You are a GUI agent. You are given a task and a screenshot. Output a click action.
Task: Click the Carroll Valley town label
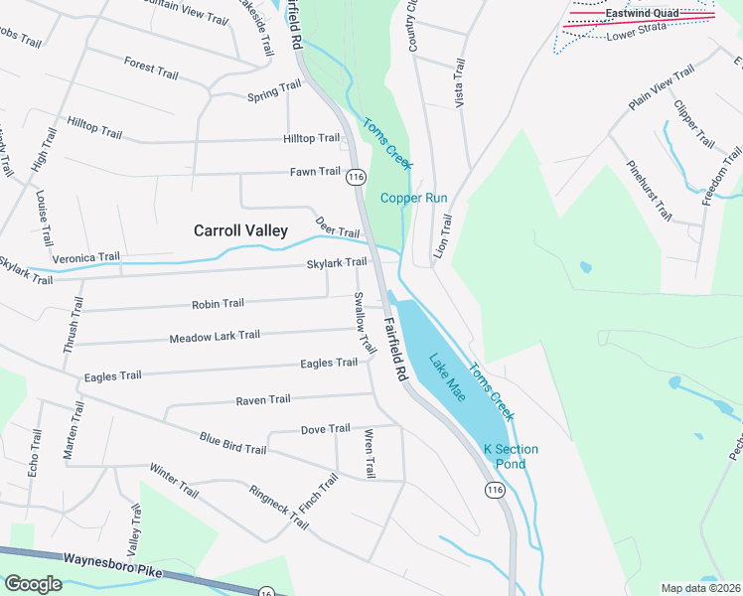point(240,230)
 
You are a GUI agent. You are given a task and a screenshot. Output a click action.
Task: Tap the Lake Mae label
point(447,372)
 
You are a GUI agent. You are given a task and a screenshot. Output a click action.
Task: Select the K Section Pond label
point(511,457)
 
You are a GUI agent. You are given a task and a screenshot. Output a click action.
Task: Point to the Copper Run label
point(414,198)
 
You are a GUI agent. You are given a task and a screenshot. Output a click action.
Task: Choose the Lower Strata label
point(635,36)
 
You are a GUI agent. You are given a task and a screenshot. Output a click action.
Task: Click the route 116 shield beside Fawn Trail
point(357,177)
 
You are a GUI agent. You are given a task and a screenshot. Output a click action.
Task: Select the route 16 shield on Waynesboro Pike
point(266,592)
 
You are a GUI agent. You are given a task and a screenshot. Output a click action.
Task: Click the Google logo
point(33,583)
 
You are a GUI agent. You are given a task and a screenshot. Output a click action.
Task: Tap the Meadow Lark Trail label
point(215,337)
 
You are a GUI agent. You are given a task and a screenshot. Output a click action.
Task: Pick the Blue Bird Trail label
point(232,443)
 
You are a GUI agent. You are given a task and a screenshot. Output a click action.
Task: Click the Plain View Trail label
point(662,89)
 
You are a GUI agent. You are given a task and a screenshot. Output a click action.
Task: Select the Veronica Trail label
point(85,257)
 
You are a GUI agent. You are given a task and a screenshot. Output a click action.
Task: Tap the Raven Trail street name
point(262,399)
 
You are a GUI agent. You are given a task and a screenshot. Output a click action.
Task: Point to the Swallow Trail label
point(365,323)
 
